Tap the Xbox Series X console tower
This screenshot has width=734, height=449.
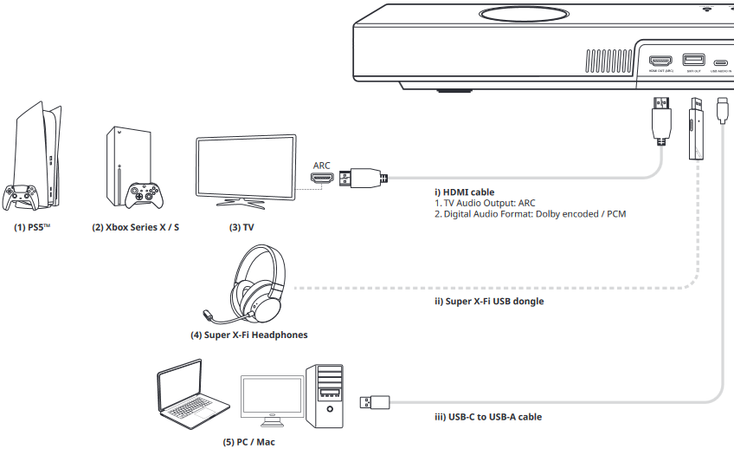tap(126, 160)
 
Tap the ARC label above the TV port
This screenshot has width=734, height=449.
tap(321, 165)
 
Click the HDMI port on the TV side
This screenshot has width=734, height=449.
tap(322, 179)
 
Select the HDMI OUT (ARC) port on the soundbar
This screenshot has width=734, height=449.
tap(660, 62)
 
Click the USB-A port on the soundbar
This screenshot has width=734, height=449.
tap(692, 61)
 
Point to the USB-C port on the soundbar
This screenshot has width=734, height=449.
tap(720, 62)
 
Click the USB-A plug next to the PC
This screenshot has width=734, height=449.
tap(374, 402)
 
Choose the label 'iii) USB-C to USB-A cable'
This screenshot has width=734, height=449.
tap(488, 417)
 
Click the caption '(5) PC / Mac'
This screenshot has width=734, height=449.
tap(248, 441)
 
